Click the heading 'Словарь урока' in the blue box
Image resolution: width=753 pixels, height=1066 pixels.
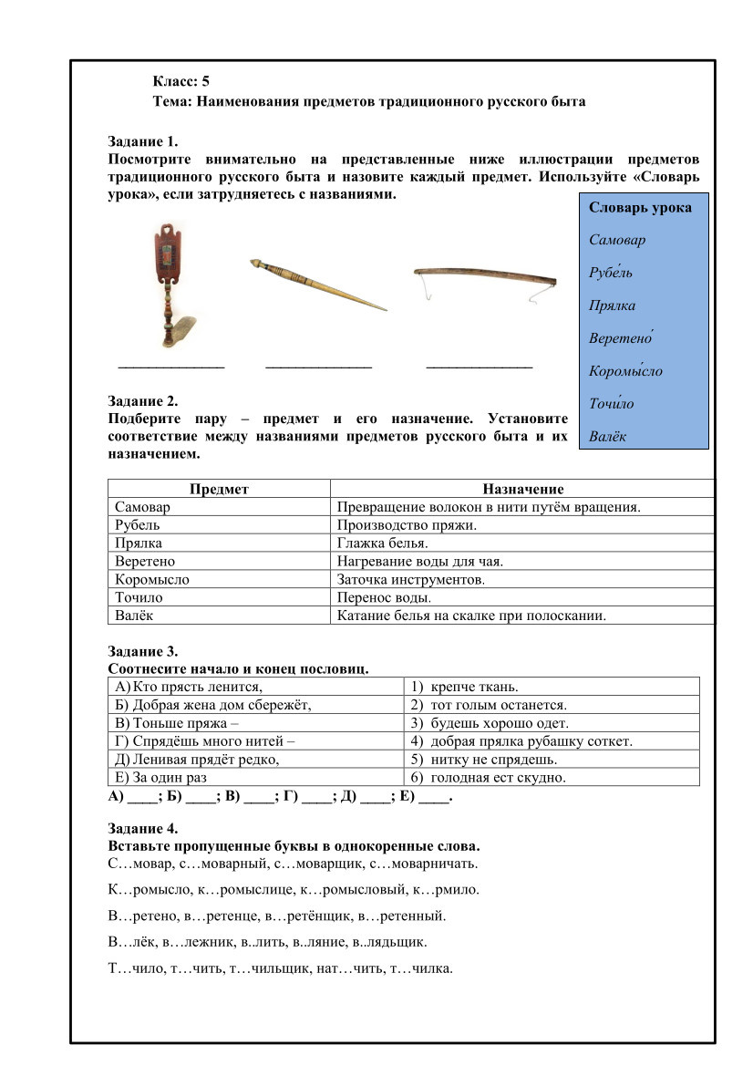pyautogui.click(x=640, y=208)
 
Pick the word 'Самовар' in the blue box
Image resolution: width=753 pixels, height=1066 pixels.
pyautogui.click(x=617, y=241)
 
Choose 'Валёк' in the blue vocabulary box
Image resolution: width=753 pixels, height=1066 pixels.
pyautogui.click(x=608, y=437)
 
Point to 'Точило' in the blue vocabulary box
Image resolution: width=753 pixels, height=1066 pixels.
pyautogui.click(x=612, y=404)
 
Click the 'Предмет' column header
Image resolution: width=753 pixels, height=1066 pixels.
pyautogui.click(x=219, y=490)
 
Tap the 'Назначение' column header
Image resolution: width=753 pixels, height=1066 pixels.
pyautogui.click(x=522, y=490)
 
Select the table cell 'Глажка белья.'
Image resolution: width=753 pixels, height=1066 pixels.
pyautogui.click(x=376, y=543)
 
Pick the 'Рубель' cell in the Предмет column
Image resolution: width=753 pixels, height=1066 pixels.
pyautogui.click(x=138, y=525)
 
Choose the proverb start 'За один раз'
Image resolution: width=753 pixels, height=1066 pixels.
pyautogui.click(x=157, y=778)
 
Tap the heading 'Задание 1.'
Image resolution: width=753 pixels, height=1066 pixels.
pyautogui.click(x=143, y=141)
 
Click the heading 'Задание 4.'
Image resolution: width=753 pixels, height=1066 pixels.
pyautogui.click(x=143, y=829)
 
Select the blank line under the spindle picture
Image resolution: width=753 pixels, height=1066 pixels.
pyautogui.click(x=318, y=366)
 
